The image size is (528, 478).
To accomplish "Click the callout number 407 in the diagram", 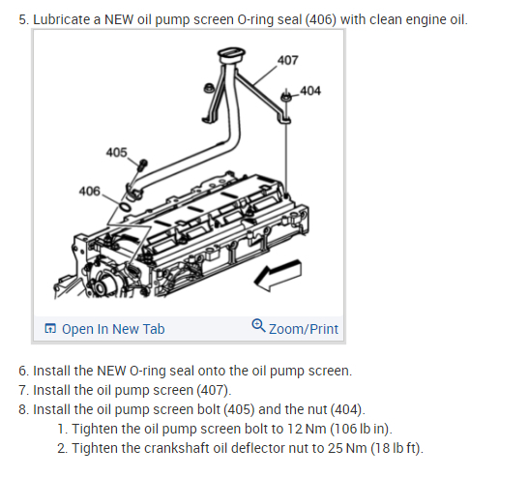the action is click(x=287, y=60).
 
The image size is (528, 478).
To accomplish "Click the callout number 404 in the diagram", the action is click(x=310, y=91).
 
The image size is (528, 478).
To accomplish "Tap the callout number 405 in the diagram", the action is click(x=116, y=152).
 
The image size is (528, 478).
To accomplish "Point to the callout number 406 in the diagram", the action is click(x=90, y=191).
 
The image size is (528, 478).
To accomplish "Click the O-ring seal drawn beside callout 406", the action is click(x=125, y=206).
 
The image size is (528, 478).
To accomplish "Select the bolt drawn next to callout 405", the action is click(x=142, y=164).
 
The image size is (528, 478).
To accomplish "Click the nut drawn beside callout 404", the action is click(x=286, y=97).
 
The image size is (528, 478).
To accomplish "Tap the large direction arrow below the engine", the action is click(x=278, y=275).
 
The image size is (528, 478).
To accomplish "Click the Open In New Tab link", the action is click(x=113, y=329).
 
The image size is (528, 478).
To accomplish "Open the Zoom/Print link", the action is click(x=304, y=329).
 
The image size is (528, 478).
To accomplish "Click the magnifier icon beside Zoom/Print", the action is click(x=258, y=325).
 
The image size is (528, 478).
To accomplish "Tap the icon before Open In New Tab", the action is click(x=50, y=328).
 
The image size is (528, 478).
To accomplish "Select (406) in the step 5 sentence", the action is click(x=321, y=19).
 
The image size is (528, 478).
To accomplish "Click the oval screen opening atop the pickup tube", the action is click(x=231, y=54).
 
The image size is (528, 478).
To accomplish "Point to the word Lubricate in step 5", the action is click(x=62, y=19).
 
